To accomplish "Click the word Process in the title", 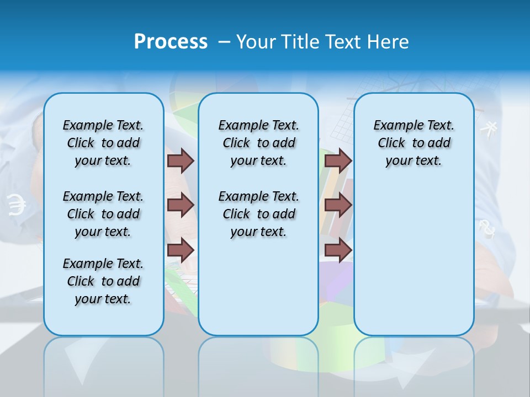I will coord(171,41).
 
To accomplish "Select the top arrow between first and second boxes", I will coord(181,160).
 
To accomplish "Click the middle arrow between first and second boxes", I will coord(181,205).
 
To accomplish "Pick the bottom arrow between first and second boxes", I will coord(181,250).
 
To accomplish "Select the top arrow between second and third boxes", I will coord(338,160).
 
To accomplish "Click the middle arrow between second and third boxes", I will coord(338,205).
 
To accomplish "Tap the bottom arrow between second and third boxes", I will coord(338,250).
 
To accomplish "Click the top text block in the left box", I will coord(103,143).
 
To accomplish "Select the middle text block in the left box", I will coord(103,214).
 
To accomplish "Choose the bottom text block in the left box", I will coord(103,281).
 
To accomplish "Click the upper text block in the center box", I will coord(258,143).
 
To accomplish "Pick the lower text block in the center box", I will coord(258,214).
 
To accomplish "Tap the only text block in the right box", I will coord(414,143).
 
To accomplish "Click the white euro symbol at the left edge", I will coord(17,206).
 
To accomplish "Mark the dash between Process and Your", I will coord(224,42).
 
